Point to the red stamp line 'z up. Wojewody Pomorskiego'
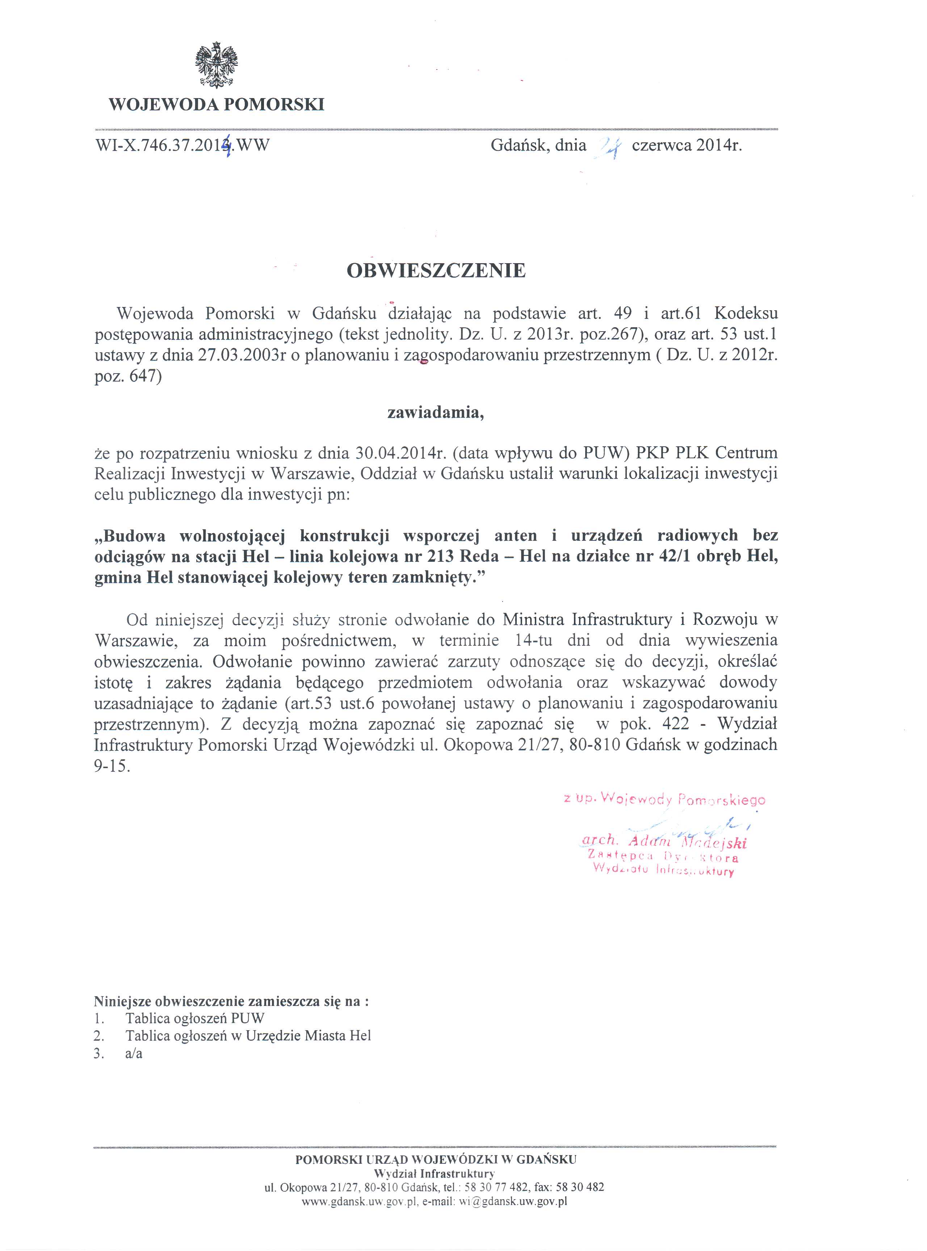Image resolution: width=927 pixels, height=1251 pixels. pyautogui.click(x=664, y=799)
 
